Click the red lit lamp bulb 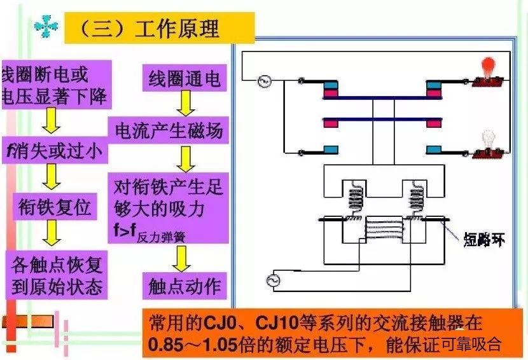[488, 66]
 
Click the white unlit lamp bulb [488, 137]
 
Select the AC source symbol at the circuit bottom [276, 280]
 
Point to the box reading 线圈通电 [184, 80]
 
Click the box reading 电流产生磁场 [168, 131]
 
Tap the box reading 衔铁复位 [53, 207]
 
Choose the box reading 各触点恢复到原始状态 [56, 274]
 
